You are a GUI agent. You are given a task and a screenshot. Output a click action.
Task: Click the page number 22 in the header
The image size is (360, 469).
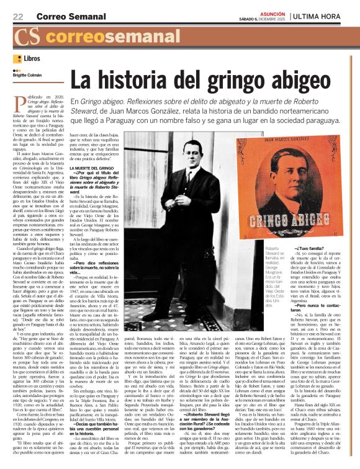[x=18, y=16]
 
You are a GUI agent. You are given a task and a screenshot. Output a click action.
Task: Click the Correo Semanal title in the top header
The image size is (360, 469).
[x=62, y=16]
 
